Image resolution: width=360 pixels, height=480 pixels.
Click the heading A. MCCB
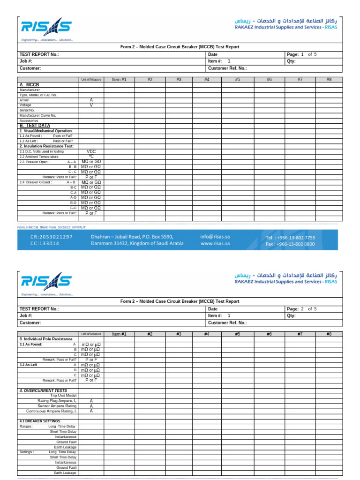(29, 84)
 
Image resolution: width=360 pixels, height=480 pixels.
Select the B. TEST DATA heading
(35, 126)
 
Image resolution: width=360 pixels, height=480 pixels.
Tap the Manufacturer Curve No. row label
(37, 115)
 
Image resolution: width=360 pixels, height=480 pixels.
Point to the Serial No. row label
(27, 110)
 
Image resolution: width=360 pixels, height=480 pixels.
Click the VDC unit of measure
(91, 151)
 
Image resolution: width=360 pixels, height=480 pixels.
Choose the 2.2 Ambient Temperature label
(39, 157)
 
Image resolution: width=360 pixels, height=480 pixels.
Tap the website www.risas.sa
(215, 244)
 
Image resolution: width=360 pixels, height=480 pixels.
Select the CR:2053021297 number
(52, 237)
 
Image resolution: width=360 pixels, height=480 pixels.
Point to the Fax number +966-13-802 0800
(290, 244)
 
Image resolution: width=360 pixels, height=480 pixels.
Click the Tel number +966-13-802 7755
(290, 238)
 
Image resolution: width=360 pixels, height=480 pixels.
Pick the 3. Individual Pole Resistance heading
(45, 339)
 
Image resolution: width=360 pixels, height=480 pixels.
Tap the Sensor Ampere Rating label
(57, 406)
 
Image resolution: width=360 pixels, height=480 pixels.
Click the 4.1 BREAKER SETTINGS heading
(39, 421)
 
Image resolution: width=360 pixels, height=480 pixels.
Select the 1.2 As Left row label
(43, 141)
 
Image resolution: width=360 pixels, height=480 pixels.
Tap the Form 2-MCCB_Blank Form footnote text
(52, 227)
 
